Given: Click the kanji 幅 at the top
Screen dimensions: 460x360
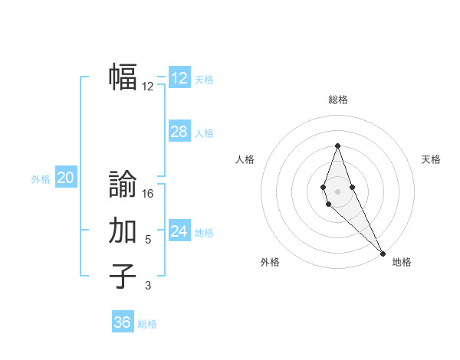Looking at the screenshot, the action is [x=123, y=77].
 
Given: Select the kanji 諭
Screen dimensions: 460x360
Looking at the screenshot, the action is [x=123, y=184].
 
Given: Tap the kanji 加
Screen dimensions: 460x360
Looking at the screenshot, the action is [x=123, y=231].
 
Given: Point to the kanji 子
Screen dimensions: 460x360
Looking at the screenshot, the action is [x=123, y=277].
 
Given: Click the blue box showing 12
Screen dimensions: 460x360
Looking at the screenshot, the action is [x=179, y=78].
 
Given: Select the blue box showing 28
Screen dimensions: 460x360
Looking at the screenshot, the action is [x=179, y=132].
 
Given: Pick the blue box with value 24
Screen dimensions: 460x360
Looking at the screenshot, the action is [x=179, y=231].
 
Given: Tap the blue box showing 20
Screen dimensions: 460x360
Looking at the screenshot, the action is [x=66, y=178].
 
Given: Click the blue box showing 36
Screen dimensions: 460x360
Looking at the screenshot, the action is [x=123, y=322].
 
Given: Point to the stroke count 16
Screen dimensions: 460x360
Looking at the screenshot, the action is [x=149, y=194].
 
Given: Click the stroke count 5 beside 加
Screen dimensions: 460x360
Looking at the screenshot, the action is [x=148, y=240].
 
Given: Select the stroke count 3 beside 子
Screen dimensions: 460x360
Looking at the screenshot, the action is [x=148, y=286].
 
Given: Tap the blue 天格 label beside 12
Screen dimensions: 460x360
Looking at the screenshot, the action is [x=204, y=80].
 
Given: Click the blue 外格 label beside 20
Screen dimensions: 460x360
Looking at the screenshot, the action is [x=41, y=179].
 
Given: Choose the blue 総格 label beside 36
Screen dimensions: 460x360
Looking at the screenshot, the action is [x=147, y=324].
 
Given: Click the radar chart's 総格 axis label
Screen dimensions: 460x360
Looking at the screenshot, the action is [x=338, y=100].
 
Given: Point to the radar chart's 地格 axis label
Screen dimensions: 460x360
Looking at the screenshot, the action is [x=402, y=262].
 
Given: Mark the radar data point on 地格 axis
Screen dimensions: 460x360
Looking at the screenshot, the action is [x=383, y=254].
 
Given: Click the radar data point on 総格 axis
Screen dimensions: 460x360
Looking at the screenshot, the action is [x=337, y=146].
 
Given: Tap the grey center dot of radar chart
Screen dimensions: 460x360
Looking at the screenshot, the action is [x=337, y=191].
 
